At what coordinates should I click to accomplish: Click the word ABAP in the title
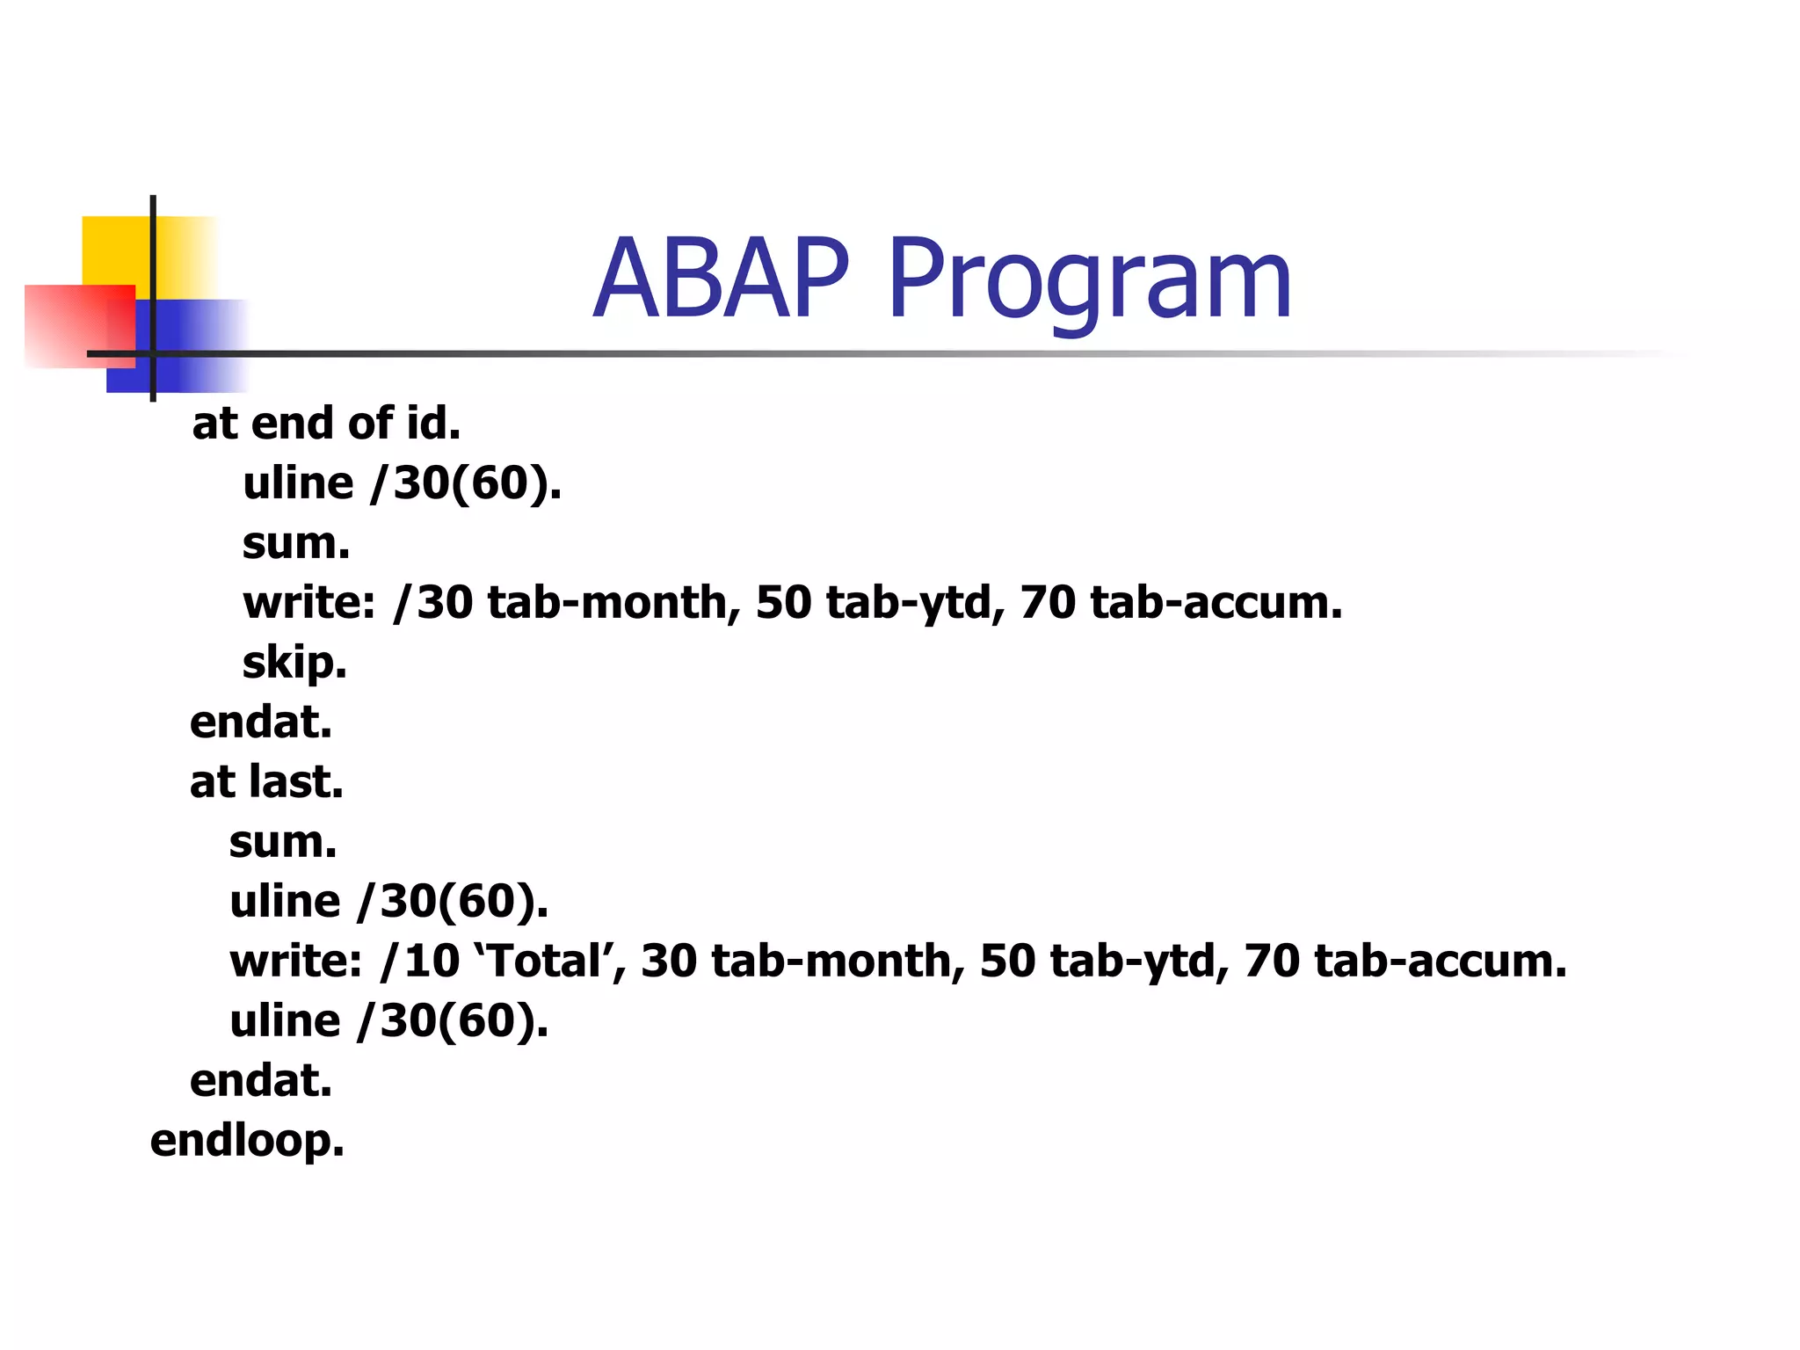(x=721, y=279)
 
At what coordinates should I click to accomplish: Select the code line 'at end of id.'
(x=326, y=424)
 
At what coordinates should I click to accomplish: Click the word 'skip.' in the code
(x=294, y=663)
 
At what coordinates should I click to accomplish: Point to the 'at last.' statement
(x=266, y=781)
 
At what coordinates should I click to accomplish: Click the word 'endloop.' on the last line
(x=247, y=1141)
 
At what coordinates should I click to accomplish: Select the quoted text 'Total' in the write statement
(x=549, y=961)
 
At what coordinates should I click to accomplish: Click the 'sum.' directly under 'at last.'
(x=283, y=842)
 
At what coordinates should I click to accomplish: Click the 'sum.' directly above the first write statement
(x=296, y=543)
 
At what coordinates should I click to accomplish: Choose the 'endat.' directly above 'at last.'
(x=261, y=722)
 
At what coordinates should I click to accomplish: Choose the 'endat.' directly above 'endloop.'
(x=261, y=1081)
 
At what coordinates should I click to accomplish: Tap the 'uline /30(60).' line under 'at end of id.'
(x=402, y=483)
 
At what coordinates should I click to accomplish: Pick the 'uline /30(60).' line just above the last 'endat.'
(x=388, y=1021)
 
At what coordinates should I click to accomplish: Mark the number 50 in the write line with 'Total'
(x=1007, y=961)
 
